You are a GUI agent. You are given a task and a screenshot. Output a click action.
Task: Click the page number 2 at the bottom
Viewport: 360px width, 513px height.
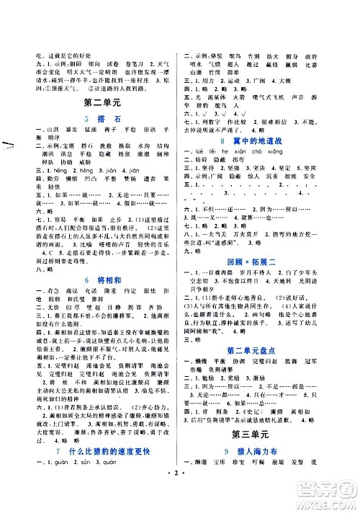pos(180,498)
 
